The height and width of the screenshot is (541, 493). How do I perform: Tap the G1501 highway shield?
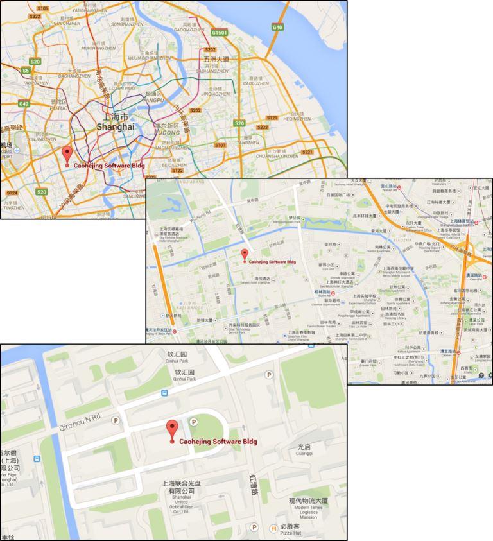point(220,32)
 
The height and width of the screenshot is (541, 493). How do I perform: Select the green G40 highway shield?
point(277,27)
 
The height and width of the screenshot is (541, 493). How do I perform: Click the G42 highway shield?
point(24,104)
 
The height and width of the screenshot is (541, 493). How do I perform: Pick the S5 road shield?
point(26,70)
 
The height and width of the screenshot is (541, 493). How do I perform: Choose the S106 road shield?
point(42,8)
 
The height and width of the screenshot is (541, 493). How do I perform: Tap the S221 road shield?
point(307,152)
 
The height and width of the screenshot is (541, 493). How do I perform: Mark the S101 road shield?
point(220,145)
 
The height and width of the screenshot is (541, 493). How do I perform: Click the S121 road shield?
point(272,117)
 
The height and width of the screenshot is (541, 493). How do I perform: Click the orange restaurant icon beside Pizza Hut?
point(273,529)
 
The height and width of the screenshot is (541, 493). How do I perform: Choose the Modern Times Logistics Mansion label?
point(308,508)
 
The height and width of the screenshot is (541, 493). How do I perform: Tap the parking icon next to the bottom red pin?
point(193,421)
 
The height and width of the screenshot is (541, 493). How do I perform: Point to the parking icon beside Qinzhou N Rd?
point(116,420)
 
